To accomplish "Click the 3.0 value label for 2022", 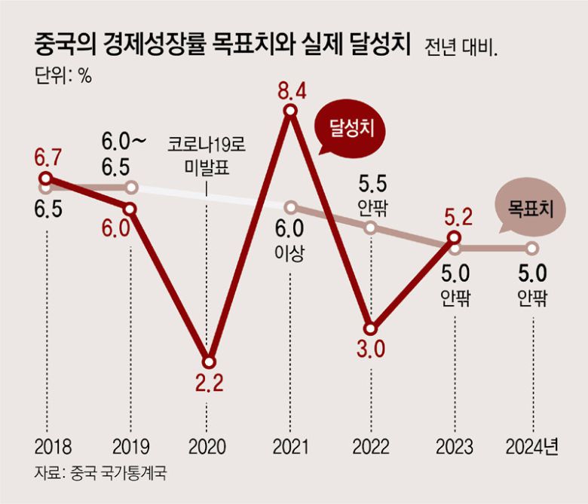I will (370, 350).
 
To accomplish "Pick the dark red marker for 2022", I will (370, 328).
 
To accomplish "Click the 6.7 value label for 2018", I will (45, 158).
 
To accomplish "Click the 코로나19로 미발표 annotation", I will (205, 155).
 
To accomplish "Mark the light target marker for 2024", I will (532, 248).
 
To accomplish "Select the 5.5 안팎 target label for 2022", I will (370, 193).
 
